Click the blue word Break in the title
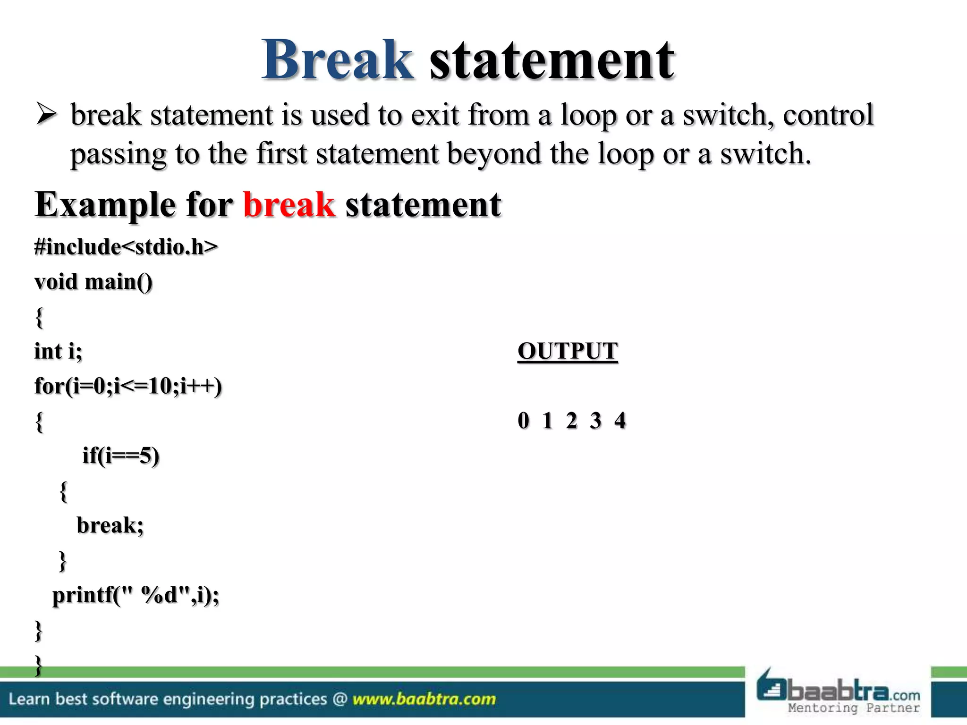[x=338, y=60]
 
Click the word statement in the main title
[x=551, y=61]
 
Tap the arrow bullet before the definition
[x=46, y=115]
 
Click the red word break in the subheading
[x=289, y=205]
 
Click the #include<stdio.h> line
[x=126, y=247]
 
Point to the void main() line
[x=93, y=282]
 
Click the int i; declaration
[x=58, y=351]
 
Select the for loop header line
[x=128, y=386]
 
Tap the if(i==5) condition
[x=121, y=455]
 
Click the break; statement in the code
[x=110, y=525]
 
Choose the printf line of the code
[x=136, y=595]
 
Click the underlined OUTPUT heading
[x=568, y=351]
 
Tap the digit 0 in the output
[x=523, y=421]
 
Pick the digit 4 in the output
[x=620, y=421]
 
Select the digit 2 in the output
[x=571, y=421]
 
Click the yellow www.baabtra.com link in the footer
[x=424, y=699]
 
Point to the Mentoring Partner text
[x=854, y=708]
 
